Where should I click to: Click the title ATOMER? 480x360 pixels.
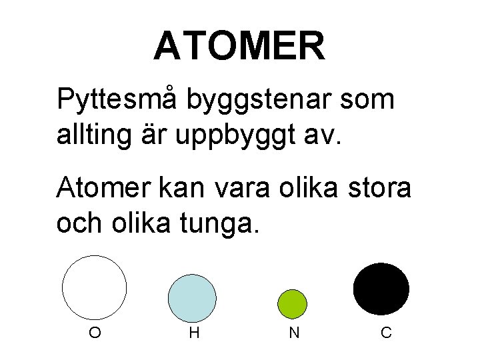(x=239, y=46)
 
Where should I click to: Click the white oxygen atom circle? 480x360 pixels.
(x=94, y=287)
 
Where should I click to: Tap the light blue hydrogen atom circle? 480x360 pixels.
(x=192, y=297)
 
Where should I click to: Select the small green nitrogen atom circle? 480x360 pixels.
(x=292, y=303)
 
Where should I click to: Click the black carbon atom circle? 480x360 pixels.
(x=381, y=289)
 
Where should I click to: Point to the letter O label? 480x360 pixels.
(x=95, y=331)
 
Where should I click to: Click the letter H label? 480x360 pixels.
(x=194, y=331)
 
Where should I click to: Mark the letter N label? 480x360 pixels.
(x=293, y=331)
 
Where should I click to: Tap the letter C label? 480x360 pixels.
(x=386, y=331)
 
